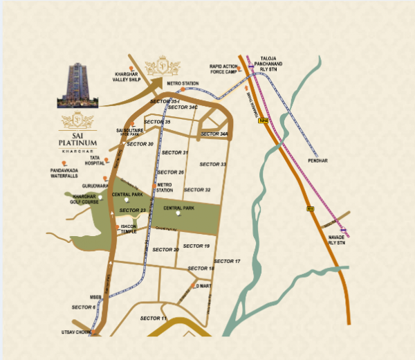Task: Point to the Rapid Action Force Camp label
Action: pos(223,69)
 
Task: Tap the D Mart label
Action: pos(203,285)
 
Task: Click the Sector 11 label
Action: pos(154,317)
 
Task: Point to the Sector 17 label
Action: pos(227,261)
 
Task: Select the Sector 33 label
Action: pos(212,164)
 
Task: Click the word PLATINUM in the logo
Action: pos(79,143)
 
